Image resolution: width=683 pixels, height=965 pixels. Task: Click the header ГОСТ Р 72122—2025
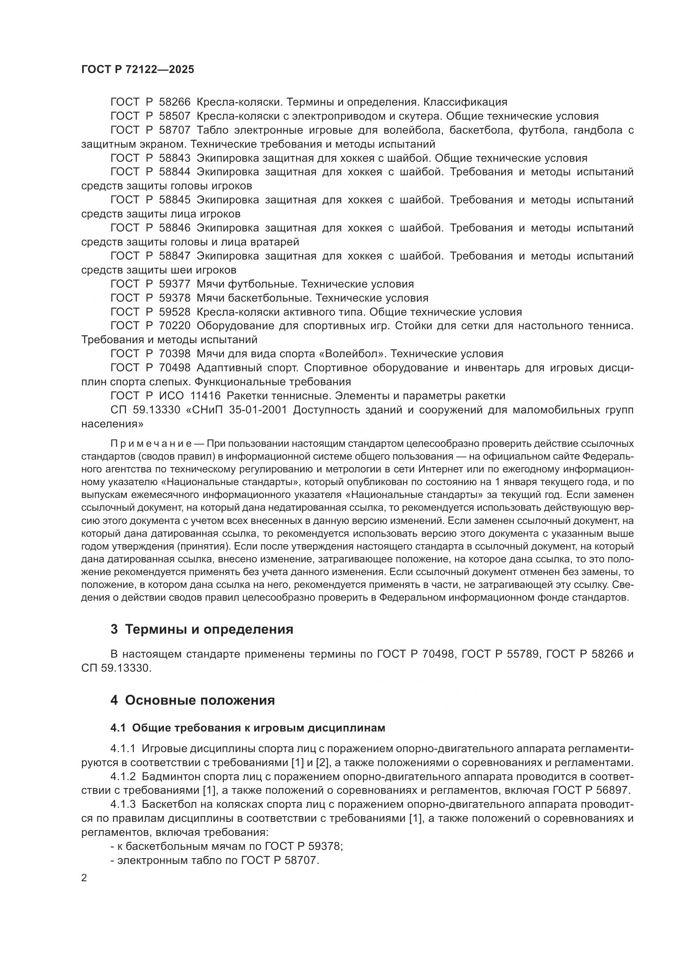click(x=138, y=70)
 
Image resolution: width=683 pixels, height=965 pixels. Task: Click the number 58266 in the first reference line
click(x=175, y=102)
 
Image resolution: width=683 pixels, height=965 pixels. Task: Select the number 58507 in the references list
click(x=175, y=116)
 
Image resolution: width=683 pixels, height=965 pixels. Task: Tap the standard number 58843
click(x=175, y=158)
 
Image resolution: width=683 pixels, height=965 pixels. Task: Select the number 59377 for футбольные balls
click(x=175, y=284)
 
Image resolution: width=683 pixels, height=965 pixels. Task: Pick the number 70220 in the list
click(x=175, y=326)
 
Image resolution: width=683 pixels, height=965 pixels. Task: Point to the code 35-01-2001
click(x=258, y=410)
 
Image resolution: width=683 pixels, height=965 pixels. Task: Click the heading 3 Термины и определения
click(x=202, y=630)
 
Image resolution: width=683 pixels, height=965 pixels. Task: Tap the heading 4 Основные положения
click(x=192, y=701)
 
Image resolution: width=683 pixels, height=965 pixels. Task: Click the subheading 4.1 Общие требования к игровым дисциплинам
click(x=248, y=728)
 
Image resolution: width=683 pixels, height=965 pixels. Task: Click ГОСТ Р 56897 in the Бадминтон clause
click(x=590, y=790)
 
